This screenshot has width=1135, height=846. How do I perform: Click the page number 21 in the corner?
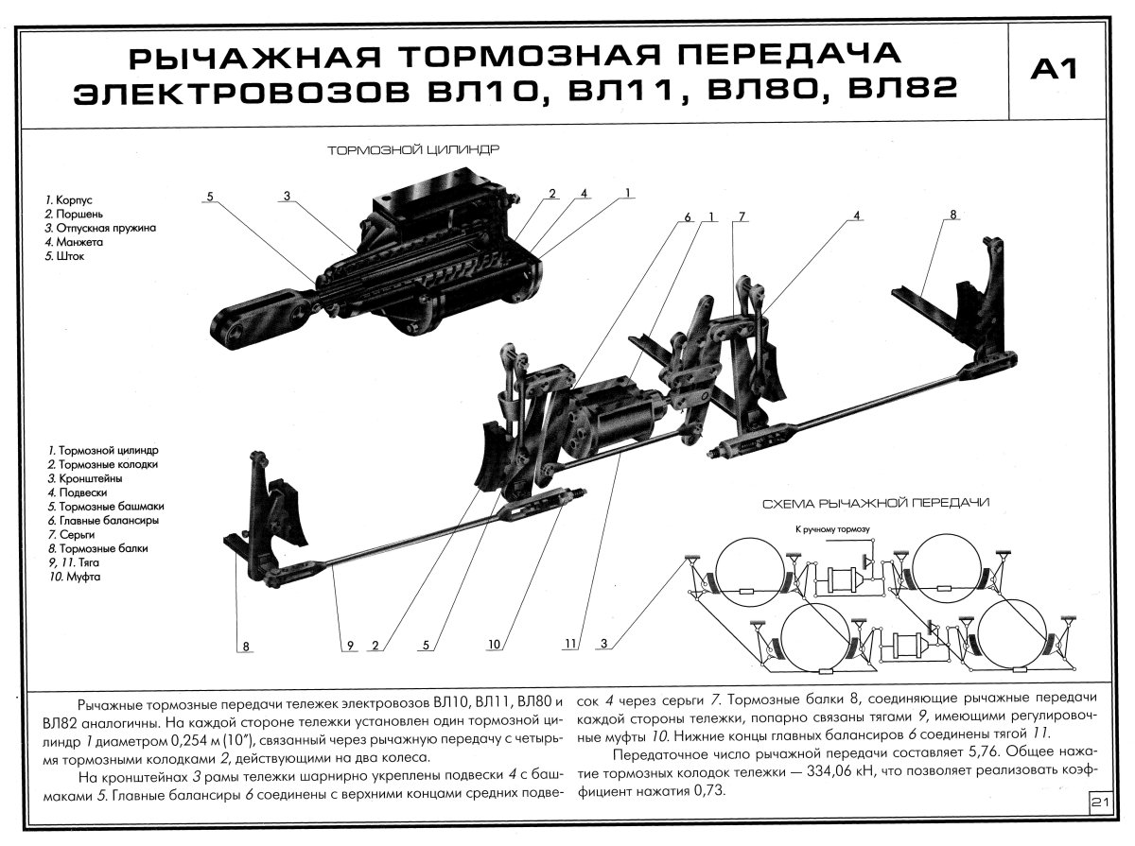pos(1099,803)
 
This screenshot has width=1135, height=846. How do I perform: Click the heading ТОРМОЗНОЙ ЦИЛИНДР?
pos(413,149)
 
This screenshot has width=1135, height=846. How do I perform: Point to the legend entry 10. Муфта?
pos(77,575)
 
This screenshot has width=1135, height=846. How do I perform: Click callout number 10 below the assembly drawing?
pos(495,647)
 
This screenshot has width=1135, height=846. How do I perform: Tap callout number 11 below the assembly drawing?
pos(569,647)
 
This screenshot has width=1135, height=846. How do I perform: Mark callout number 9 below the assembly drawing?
pos(349,647)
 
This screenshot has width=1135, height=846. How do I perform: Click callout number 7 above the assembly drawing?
pos(742,216)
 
